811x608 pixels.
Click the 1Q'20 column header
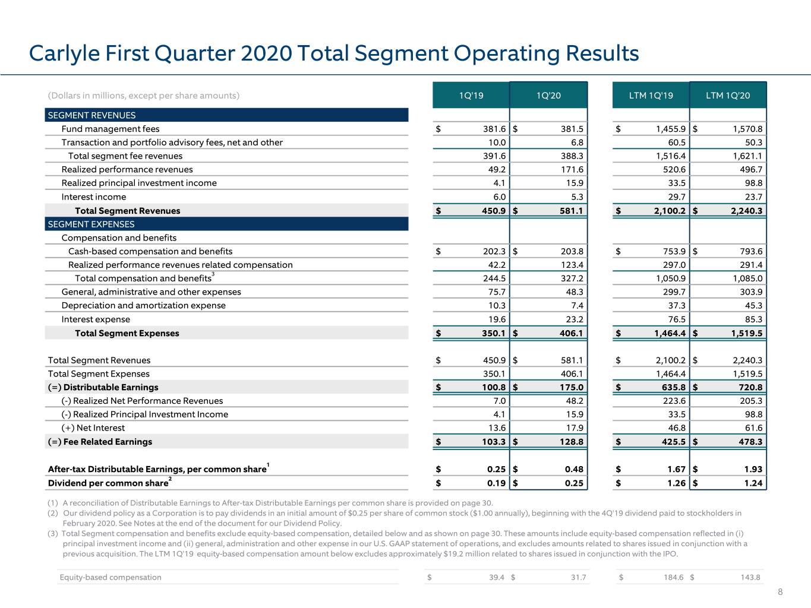(x=548, y=96)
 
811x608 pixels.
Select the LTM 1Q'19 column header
(x=651, y=96)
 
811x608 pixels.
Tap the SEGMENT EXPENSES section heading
(x=91, y=224)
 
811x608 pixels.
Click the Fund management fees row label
(x=111, y=129)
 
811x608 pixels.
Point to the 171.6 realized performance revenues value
(x=572, y=169)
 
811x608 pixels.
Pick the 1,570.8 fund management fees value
(x=747, y=129)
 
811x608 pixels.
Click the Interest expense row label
(x=96, y=319)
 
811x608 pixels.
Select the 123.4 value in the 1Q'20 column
(x=572, y=265)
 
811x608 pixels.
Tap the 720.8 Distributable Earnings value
(x=750, y=387)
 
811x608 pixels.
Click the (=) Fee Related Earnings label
(x=100, y=442)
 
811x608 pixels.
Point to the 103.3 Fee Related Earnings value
(x=494, y=442)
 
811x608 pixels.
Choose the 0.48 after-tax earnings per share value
(x=574, y=469)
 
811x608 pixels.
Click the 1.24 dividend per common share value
(x=753, y=483)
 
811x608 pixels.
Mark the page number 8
(x=780, y=592)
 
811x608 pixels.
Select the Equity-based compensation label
(x=111, y=577)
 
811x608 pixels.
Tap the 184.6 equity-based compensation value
(x=674, y=577)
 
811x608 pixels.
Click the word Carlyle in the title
(x=64, y=53)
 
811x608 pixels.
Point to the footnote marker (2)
(x=53, y=514)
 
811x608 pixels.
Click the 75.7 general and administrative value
(x=497, y=292)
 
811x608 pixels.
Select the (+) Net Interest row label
(x=93, y=428)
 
